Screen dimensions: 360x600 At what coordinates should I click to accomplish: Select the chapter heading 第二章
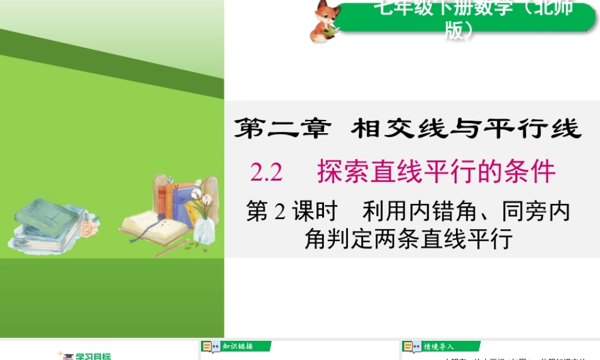point(283,129)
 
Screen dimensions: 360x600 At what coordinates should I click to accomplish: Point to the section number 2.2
point(266,173)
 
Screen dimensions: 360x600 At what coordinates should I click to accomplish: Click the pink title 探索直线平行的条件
point(436,172)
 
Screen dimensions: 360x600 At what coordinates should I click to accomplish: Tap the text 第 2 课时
point(292,212)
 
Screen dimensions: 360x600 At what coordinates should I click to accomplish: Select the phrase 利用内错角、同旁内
point(466,212)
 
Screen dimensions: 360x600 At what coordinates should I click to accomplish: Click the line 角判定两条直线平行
point(408,239)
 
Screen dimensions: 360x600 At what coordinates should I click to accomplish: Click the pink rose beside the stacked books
point(89,229)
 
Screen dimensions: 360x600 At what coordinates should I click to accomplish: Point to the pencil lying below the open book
point(171,248)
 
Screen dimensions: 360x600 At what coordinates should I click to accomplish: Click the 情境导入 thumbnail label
point(439,346)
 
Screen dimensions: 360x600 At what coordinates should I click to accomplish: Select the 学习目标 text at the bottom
point(93,356)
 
